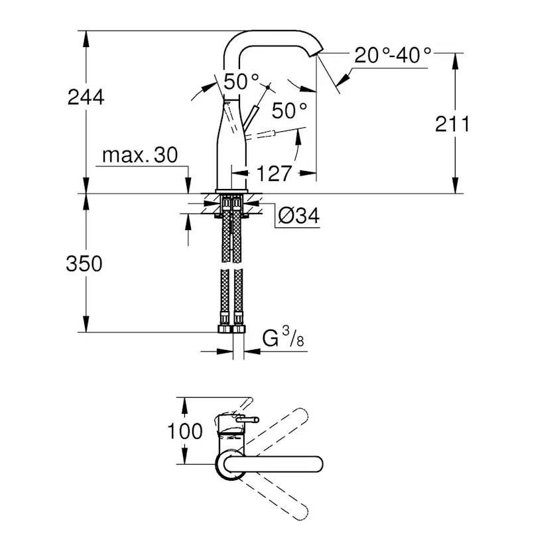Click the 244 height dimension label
[x=86, y=97]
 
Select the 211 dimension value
[x=453, y=123]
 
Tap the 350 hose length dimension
[x=84, y=263]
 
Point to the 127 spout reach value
[x=274, y=174]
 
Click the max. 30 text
[x=141, y=156]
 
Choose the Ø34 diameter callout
[x=299, y=215]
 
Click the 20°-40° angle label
[x=393, y=54]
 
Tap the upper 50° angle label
[x=241, y=82]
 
